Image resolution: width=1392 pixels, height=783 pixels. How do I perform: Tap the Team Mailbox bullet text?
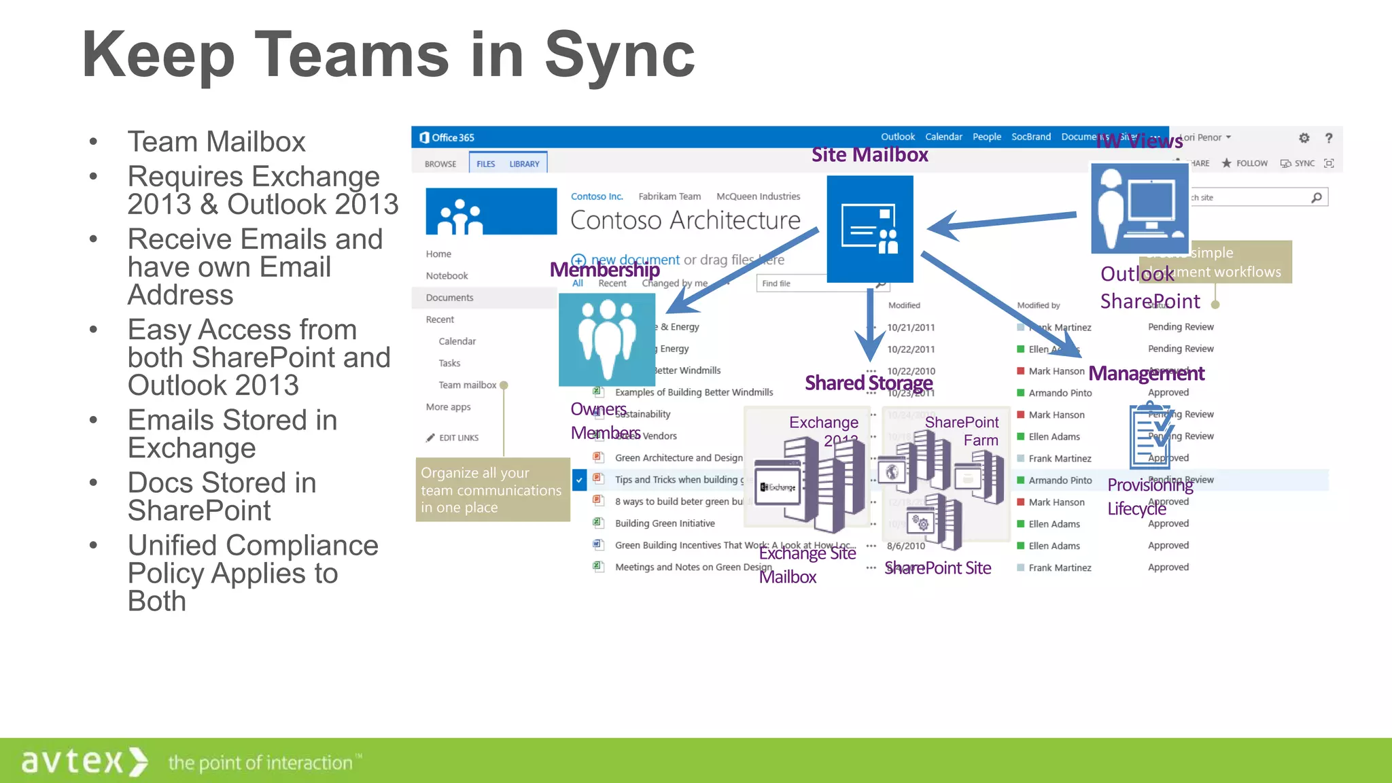click(216, 142)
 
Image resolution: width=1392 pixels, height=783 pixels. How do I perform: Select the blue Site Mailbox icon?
click(869, 229)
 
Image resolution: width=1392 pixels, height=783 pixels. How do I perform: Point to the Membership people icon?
click(606, 339)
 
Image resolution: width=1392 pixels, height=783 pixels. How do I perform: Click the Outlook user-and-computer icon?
click(1139, 208)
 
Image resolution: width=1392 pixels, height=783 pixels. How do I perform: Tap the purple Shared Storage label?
click(868, 383)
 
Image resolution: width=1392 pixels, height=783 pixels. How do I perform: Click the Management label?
click(1146, 373)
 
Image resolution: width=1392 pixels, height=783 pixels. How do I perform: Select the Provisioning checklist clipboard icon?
click(1150, 437)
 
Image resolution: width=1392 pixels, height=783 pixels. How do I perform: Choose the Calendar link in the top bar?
click(943, 137)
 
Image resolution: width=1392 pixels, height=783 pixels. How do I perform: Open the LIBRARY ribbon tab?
click(524, 164)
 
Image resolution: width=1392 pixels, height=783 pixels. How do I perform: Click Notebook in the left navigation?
click(447, 276)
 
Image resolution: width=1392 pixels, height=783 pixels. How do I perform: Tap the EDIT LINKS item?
click(457, 438)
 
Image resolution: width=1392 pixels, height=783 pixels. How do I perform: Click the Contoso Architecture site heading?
click(685, 220)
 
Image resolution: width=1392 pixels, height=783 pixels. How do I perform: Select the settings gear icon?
click(1304, 138)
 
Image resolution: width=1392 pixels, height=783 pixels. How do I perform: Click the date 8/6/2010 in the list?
click(905, 546)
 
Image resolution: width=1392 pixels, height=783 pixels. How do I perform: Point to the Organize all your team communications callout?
click(492, 490)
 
